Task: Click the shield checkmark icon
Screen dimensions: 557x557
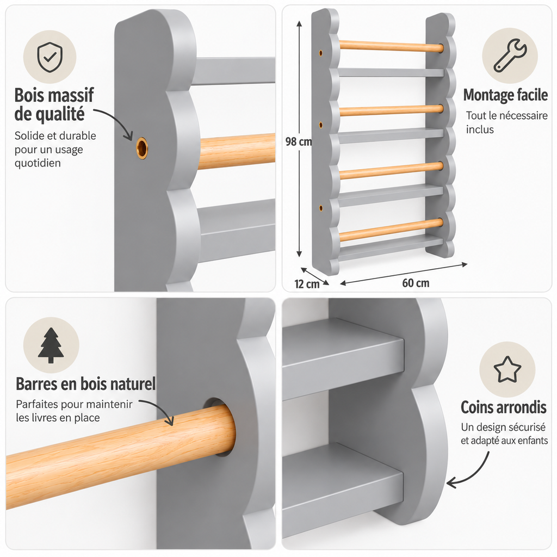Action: (49, 57)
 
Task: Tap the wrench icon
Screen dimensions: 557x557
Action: (510, 55)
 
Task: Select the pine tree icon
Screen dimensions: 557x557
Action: (51, 345)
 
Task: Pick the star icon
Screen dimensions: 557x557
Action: (508, 369)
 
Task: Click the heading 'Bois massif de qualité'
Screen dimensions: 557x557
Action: (54, 105)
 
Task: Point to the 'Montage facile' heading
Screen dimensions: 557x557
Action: (505, 95)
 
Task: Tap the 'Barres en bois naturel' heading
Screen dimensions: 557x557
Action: (85, 384)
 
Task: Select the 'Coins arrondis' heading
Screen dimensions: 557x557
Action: (503, 407)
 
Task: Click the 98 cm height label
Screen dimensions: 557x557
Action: (299, 142)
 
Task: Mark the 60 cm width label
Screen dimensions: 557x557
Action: (416, 283)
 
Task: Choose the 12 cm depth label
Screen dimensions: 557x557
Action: (307, 284)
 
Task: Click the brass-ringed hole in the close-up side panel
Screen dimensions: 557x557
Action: (142, 148)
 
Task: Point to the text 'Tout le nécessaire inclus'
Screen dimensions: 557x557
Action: (506, 122)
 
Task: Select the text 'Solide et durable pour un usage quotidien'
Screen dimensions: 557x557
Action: (55, 149)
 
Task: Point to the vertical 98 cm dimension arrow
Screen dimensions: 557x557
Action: (299, 139)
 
